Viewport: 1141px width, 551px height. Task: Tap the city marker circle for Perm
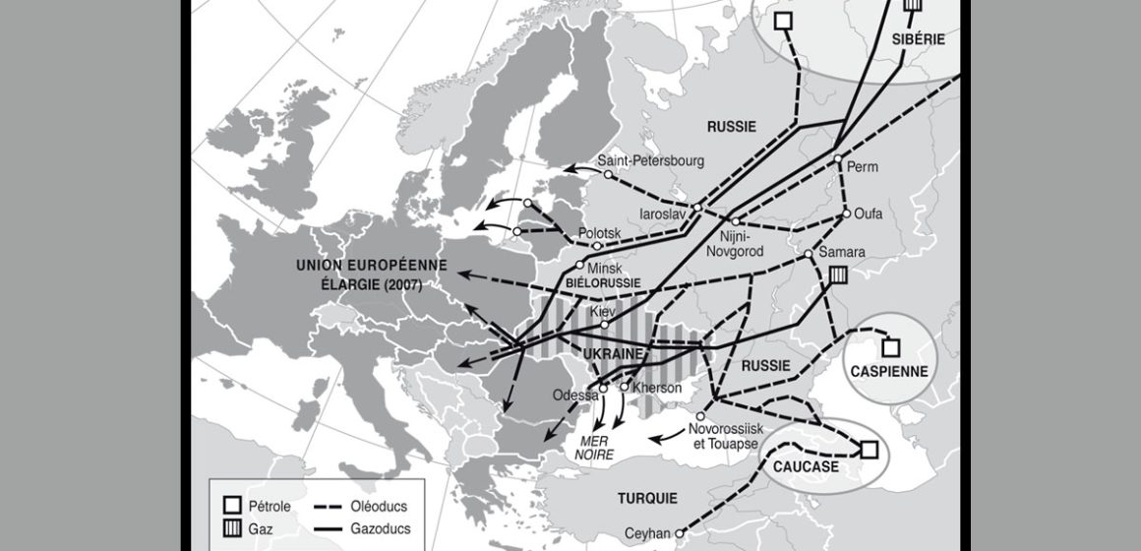tap(837, 158)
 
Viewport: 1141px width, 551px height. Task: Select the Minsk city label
tap(606, 268)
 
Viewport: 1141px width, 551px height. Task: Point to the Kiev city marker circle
tap(604, 324)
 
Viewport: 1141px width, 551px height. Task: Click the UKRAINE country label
tap(614, 353)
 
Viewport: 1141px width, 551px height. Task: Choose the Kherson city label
tap(658, 388)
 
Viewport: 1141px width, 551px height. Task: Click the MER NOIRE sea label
tap(594, 449)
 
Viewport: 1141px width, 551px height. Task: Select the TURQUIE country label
tap(647, 497)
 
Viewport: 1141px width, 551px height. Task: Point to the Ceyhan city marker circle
tap(678, 532)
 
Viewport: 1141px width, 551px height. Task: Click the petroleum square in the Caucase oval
tap(870, 450)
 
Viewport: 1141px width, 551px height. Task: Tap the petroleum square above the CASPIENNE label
tap(890, 346)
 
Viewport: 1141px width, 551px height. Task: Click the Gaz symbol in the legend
tap(228, 527)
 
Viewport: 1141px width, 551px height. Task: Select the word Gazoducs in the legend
tap(378, 527)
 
